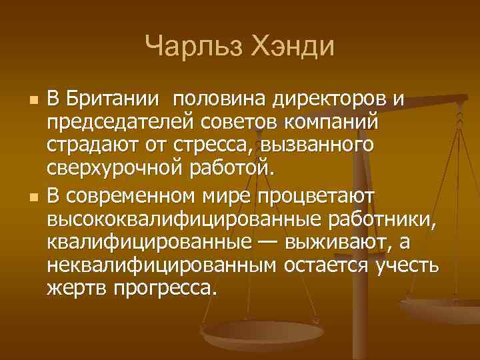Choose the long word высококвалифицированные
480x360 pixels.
(184, 219)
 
